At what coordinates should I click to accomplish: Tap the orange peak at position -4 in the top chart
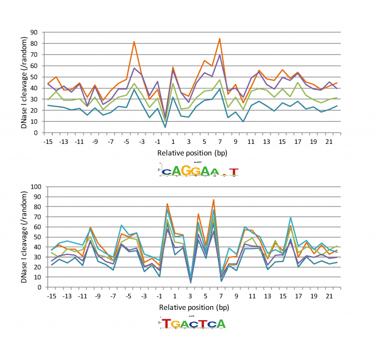[134, 41]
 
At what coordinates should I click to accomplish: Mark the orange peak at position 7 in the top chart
[220, 38]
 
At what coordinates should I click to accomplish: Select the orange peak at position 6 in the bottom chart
[213, 200]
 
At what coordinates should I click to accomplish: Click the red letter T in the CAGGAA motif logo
[233, 172]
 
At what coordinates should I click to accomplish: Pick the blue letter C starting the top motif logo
[168, 172]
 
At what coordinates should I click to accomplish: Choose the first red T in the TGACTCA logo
[167, 323]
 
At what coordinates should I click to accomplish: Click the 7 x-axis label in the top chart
[220, 141]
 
